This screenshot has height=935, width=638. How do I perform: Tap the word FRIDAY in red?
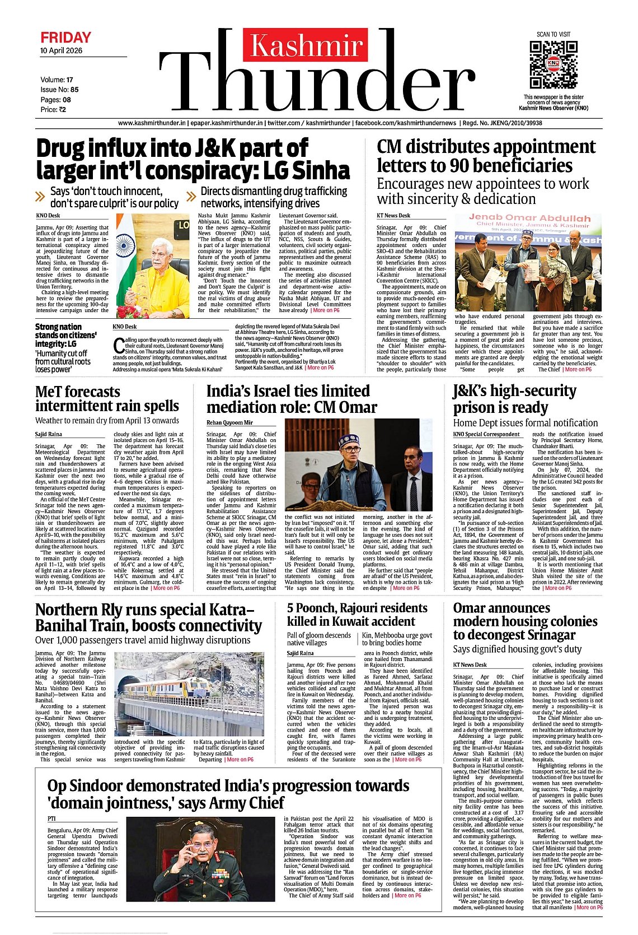point(65,38)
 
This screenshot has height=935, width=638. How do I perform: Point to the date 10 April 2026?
point(61,50)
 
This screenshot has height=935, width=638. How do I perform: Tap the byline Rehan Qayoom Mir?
point(229,422)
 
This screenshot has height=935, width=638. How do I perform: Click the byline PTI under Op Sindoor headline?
point(51,818)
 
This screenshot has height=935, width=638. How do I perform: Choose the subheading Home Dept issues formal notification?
point(525,423)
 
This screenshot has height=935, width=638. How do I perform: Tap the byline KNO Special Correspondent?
point(486,434)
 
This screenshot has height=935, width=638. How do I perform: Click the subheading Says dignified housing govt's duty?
point(517,649)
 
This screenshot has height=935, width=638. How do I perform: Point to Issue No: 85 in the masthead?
point(59,90)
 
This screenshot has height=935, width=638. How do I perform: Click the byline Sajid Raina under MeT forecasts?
point(49,434)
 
